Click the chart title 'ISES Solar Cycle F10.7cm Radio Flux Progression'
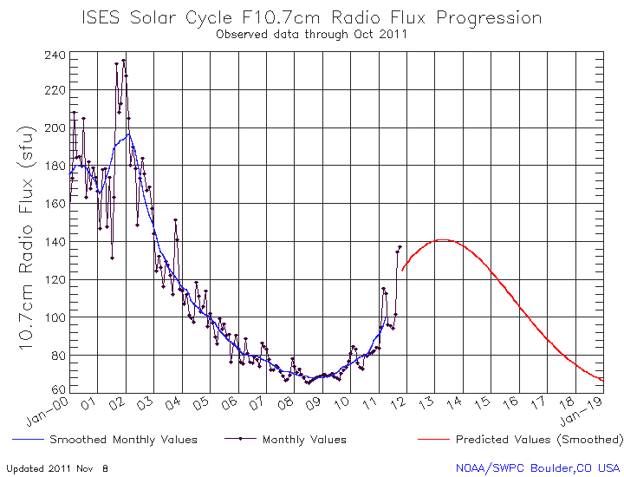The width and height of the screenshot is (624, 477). click(311, 17)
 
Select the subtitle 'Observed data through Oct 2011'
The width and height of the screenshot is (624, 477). click(311, 35)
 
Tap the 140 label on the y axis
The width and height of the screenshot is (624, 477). click(55, 242)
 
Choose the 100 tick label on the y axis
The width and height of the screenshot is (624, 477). click(55, 317)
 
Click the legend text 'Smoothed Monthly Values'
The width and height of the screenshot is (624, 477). click(123, 440)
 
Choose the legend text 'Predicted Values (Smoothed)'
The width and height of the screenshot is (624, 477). click(538, 440)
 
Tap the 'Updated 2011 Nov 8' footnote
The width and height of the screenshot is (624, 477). click(57, 467)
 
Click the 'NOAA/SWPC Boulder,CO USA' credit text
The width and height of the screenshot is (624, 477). click(538, 467)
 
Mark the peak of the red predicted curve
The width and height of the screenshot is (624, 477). click(443, 240)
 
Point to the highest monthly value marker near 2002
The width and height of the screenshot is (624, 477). click(123, 61)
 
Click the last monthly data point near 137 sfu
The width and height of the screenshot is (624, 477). click(400, 247)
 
